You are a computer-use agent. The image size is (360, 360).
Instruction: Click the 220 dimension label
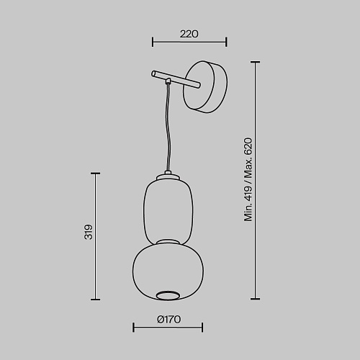(x=189, y=34)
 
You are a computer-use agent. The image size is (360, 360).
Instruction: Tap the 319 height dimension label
(x=88, y=232)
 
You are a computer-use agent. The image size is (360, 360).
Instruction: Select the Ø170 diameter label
(x=169, y=320)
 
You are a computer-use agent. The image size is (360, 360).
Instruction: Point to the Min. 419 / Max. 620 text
(x=248, y=179)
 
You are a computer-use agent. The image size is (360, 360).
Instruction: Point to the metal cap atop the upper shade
(x=168, y=176)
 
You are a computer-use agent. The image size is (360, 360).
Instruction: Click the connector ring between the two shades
(x=168, y=241)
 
